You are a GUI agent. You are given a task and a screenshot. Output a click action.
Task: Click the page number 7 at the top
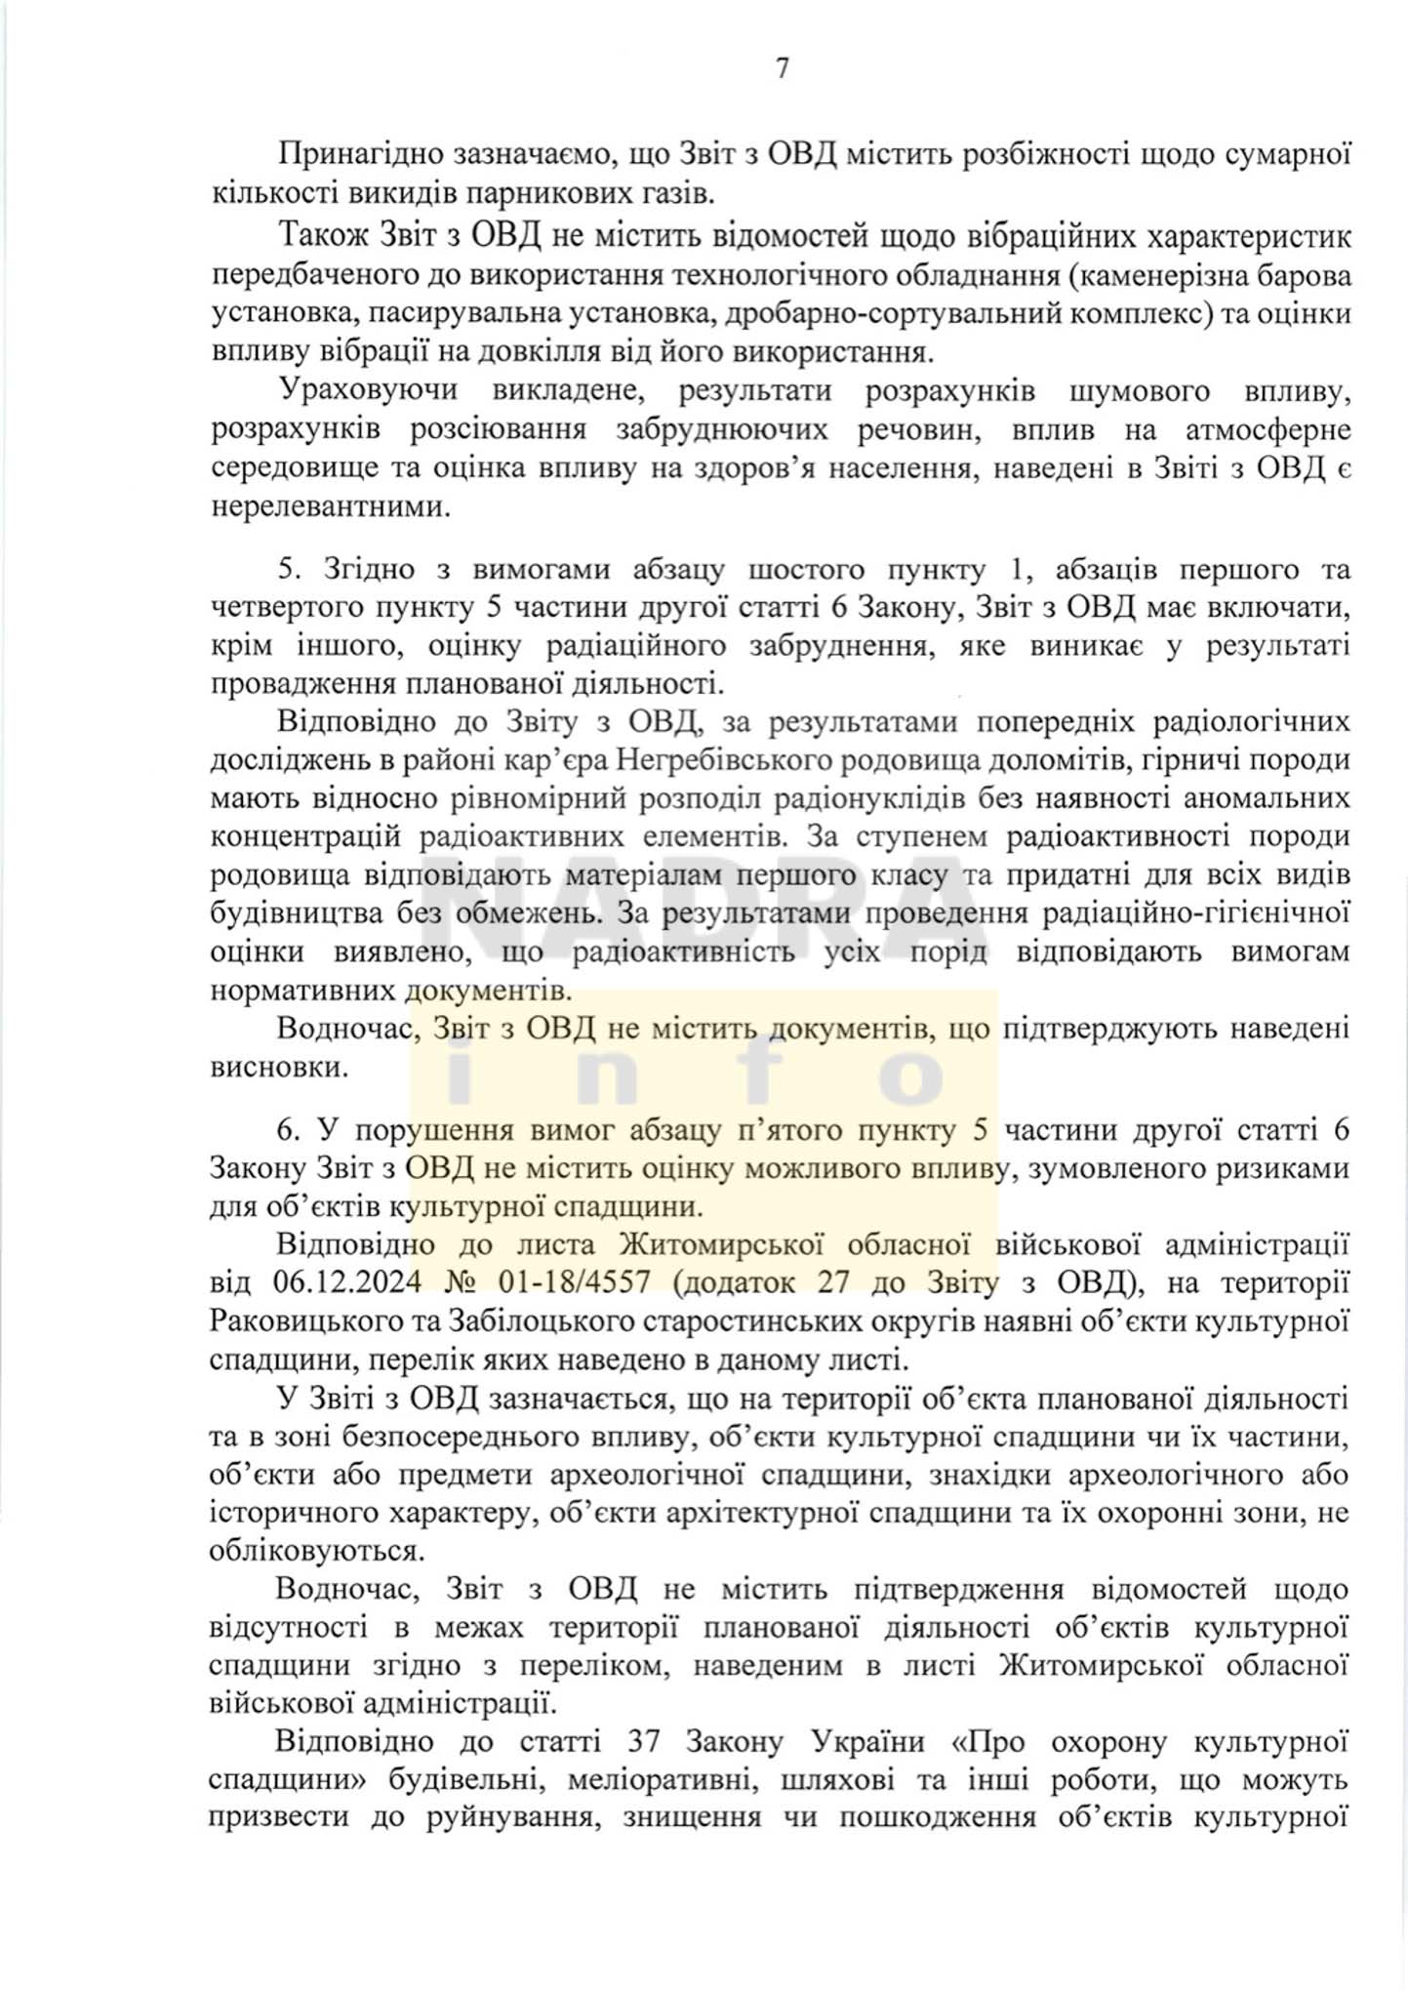[x=782, y=69]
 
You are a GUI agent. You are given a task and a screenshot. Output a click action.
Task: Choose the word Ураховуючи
[x=368, y=390]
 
